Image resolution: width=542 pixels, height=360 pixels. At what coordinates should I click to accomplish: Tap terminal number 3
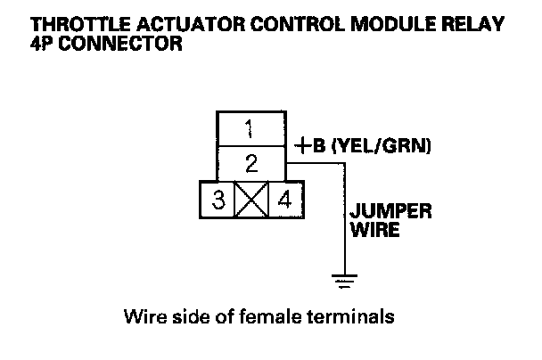click(218, 199)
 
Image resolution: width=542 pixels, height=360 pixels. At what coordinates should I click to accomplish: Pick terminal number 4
click(285, 199)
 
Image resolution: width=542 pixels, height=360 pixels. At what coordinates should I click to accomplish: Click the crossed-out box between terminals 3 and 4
click(251, 199)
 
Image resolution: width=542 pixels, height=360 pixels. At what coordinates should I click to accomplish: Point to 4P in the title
click(43, 43)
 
